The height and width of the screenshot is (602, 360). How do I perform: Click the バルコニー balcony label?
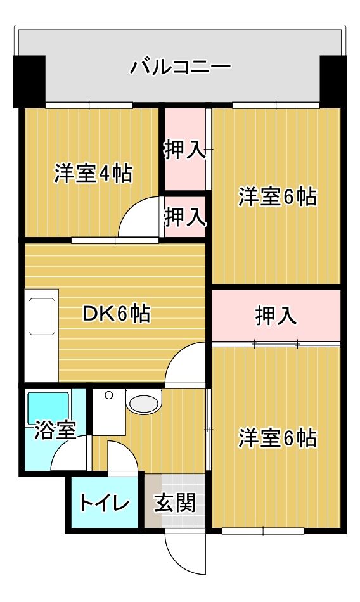[x=180, y=67]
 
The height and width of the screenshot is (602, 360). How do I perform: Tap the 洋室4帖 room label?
[x=93, y=174]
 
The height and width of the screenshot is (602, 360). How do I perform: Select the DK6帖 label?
[x=117, y=313]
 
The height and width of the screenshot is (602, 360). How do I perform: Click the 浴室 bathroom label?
[x=55, y=430]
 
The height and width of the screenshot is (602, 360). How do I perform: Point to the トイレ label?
[x=103, y=503]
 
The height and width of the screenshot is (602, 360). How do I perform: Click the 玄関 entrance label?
[x=175, y=503]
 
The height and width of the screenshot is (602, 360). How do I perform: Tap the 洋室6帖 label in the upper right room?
[x=278, y=197]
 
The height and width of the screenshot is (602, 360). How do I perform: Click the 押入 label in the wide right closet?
[x=276, y=316]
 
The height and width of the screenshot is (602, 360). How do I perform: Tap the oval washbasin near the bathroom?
[x=143, y=404]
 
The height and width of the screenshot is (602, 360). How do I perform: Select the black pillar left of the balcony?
[x=29, y=81]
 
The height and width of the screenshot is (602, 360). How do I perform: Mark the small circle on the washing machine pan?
[x=109, y=395]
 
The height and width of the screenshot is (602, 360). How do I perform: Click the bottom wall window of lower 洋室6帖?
[x=263, y=531]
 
